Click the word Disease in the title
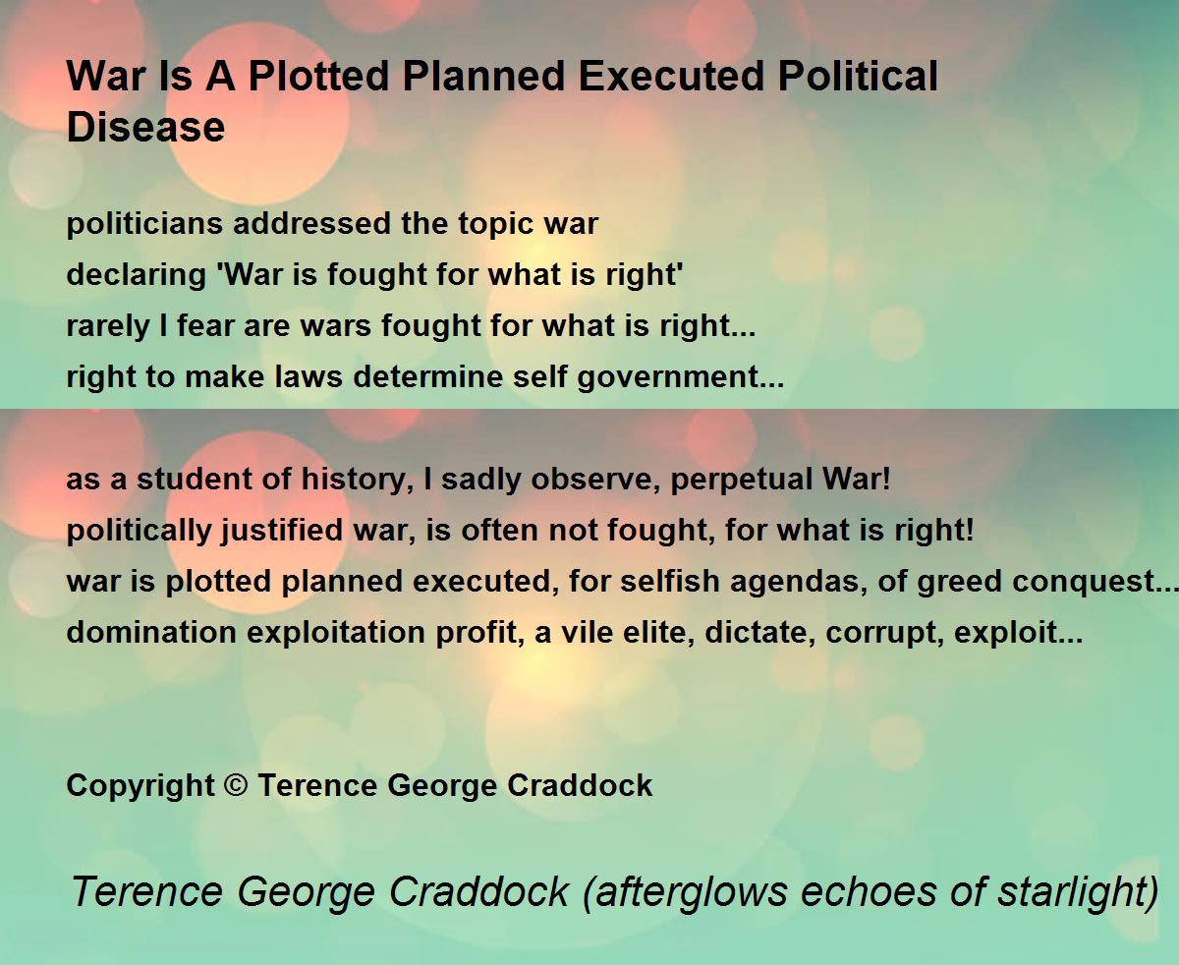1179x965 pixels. [146, 127]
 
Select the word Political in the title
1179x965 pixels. [858, 76]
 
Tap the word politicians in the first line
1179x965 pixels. [144, 224]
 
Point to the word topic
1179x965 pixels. [495, 224]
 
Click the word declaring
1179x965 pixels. [137, 275]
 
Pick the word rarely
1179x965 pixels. [107, 326]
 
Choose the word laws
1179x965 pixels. [309, 376]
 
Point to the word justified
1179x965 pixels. [282, 531]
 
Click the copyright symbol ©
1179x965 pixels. [236, 784]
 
